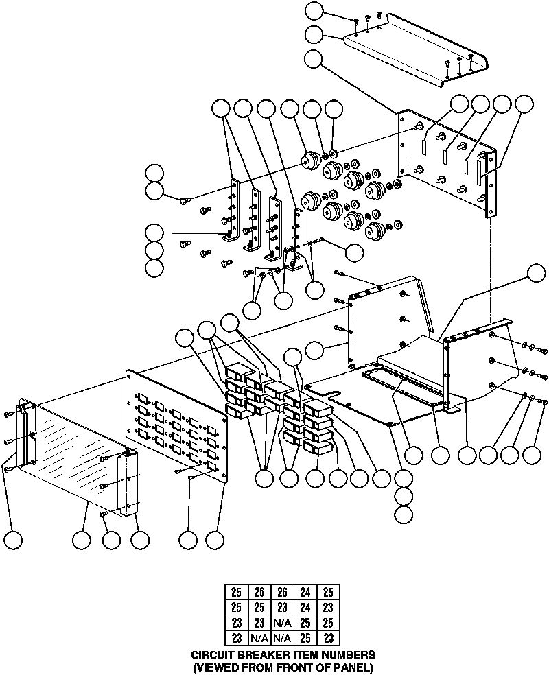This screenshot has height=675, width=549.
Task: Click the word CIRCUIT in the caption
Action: [x=211, y=655]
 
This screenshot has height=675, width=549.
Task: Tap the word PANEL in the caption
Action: [x=349, y=666]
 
